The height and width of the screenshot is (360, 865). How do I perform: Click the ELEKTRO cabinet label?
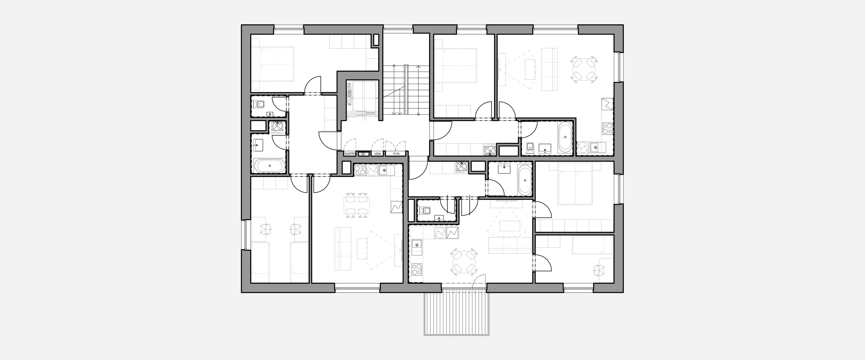coord(350,154)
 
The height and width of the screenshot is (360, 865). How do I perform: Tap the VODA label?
coord(378,154)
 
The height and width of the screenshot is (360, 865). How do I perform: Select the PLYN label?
coord(397,154)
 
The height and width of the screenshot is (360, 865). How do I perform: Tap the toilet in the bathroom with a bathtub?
coord(530,147)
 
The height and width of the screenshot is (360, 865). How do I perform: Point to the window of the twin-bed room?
coord(245,234)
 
